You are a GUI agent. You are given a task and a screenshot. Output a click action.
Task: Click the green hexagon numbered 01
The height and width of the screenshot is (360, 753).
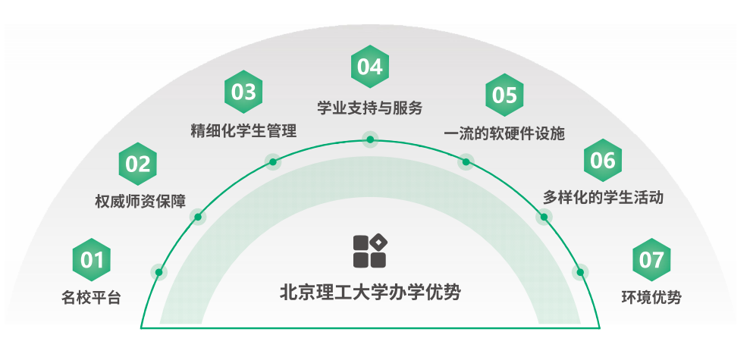[92, 260]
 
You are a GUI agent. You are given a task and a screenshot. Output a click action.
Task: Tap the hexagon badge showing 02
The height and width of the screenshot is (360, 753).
[138, 164]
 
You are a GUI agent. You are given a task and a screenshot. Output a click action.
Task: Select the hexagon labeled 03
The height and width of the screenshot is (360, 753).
[244, 92]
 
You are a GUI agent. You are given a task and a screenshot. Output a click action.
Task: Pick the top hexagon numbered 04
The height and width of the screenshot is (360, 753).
[369, 67]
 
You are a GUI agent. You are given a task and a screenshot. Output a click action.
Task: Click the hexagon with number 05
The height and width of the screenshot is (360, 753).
[504, 95]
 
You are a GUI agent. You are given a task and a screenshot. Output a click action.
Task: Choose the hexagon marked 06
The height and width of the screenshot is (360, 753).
[603, 160]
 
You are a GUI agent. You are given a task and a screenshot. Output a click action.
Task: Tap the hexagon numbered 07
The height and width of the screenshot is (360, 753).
[651, 260]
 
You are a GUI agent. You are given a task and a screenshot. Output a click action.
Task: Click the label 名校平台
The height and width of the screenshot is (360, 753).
[91, 297]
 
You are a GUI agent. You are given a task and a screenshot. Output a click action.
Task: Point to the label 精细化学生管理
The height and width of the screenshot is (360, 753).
[243, 130]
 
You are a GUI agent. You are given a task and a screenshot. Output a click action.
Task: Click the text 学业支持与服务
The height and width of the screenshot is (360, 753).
[369, 107]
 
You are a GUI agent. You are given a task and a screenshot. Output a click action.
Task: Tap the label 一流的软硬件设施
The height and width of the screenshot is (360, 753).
[504, 133]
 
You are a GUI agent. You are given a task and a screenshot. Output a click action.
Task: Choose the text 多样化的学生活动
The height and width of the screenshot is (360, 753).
[604, 198]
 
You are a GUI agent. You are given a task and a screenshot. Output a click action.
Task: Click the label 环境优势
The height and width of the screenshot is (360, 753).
[651, 297]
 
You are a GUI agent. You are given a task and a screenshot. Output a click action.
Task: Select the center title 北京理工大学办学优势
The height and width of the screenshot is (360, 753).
[370, 291]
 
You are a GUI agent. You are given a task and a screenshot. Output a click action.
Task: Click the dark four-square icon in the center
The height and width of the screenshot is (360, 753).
[370, 250]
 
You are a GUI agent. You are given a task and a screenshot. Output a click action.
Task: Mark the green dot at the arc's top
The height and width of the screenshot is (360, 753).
[370, 139]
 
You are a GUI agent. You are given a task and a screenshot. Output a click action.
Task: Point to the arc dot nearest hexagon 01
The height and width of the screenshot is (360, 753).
[158, 272]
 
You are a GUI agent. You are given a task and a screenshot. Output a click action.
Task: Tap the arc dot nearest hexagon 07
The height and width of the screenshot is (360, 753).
[581, 272]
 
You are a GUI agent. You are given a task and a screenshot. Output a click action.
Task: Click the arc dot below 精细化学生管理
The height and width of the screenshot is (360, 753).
[273, 161]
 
